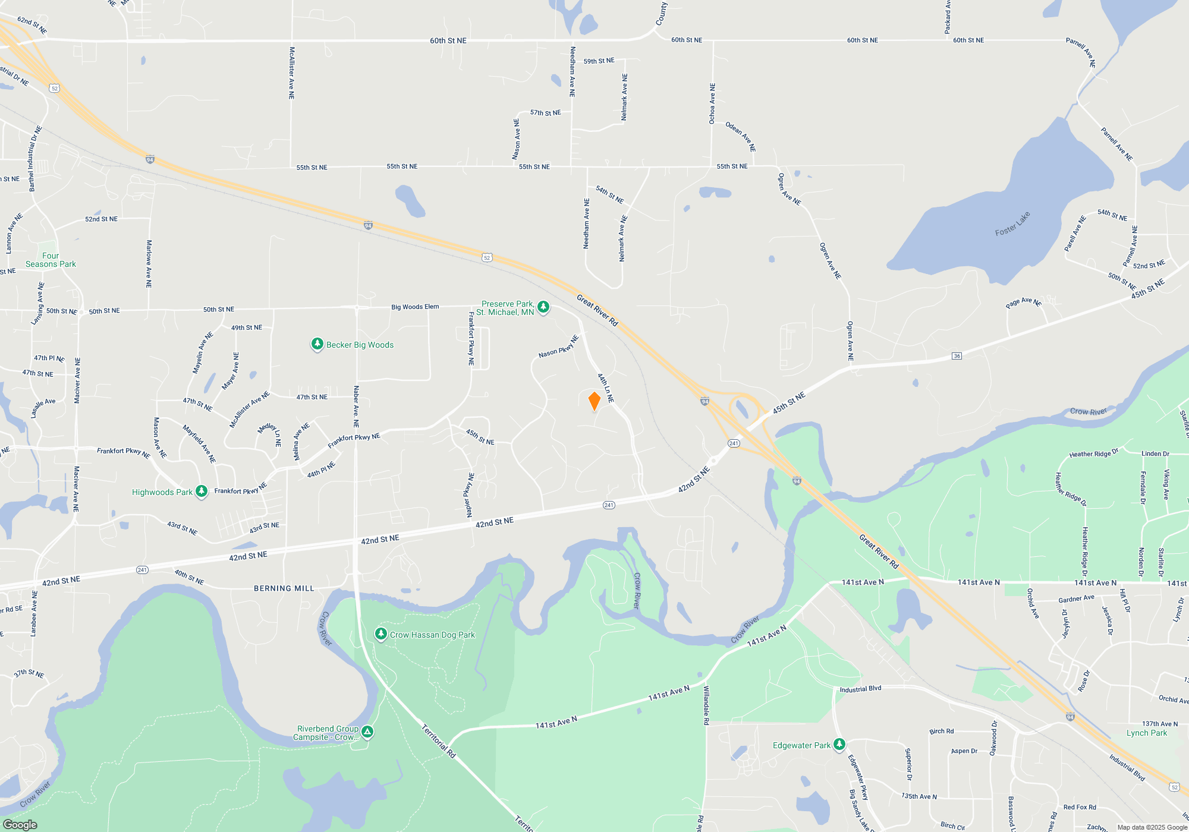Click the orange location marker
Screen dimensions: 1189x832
pos(594,401)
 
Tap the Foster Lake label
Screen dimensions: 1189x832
pos(1012,224)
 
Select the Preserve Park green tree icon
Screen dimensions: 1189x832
pos(543,307)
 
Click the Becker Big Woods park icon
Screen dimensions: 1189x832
pos(317,345)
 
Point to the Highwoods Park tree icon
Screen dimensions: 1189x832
pos(202,491)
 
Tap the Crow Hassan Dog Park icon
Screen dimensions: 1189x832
pos(381,634)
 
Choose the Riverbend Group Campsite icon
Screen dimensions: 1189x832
pos(367,732)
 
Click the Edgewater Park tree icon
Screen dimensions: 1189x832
pos(839,745)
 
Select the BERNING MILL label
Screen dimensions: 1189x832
pos(284,588)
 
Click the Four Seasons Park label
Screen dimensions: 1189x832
pos(51,260)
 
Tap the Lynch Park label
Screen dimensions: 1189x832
pos(1146,733)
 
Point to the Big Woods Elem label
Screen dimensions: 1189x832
pos(415,307)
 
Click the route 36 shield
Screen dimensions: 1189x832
pos(957,356)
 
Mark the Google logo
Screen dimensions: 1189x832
pos(20,824)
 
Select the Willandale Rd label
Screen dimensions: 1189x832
pos(706,705)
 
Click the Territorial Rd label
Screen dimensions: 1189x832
pos(439,740)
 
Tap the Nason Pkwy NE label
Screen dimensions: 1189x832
pos(559,347)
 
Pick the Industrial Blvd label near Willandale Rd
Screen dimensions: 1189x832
pos(860,689)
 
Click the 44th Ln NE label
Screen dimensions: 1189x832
pos(605,388)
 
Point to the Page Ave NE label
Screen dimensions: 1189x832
pos(1023,303)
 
